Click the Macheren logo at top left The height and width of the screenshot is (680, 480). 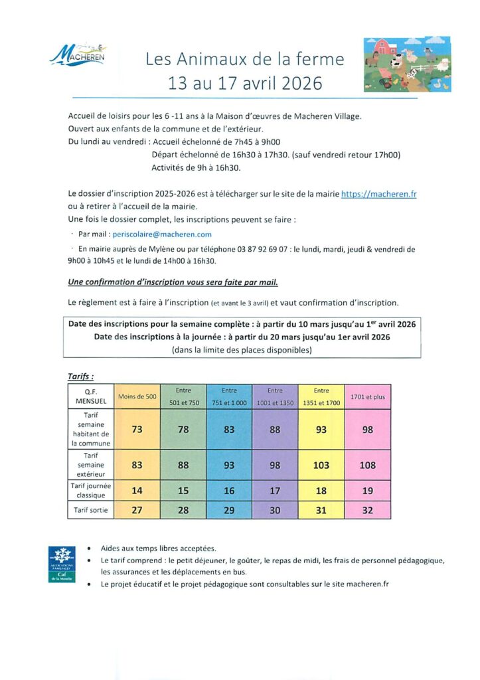pos(77,54)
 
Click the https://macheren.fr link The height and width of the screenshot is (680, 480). pos(378,194)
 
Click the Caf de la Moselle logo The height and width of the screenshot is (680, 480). pos(62,564)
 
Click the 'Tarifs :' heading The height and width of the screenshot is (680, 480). pos(81,377)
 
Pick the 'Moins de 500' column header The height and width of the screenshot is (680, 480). pos(137,396)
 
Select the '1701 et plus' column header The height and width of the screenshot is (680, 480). pos(368,396)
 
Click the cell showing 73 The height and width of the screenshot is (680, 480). pos(137,430)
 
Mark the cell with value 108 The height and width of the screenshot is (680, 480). pos(368,465)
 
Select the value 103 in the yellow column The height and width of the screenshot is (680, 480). pos(321,465)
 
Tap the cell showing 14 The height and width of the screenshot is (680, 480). pos(137,491)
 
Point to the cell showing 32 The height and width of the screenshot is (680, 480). pos(368,511)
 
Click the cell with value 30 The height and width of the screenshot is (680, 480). pos(276,511)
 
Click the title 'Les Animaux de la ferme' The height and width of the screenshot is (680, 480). pos(245,60)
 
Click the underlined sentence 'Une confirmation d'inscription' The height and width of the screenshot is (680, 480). pos(173,282)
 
